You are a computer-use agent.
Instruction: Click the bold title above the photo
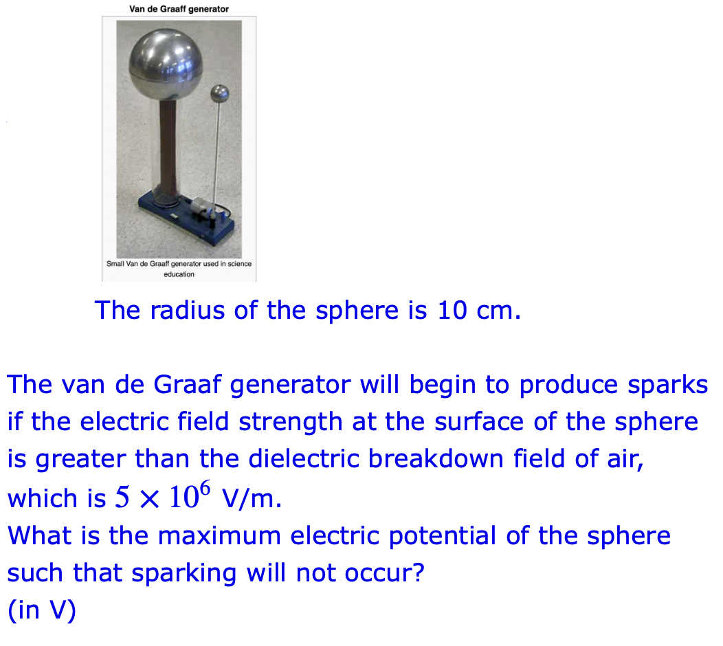[179, 9]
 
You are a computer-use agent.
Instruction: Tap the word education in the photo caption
[179, 274]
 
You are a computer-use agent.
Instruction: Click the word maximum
[220, 535]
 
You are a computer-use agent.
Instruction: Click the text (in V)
[41, 610]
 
